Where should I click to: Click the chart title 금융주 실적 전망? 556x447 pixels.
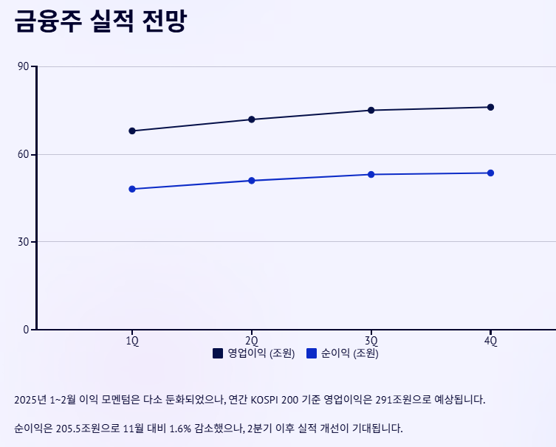pyautogui.click(x=100, y=21)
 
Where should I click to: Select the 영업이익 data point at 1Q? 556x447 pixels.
pyautogui.click(x=132, y=131)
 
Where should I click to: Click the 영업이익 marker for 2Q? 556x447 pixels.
pyautogui.click(x=252, y=119)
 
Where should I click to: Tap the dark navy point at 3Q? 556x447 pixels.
pyautogui.click(x=371, y=110)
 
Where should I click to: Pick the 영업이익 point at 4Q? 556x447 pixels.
pyautogui.click(x=490, y=107)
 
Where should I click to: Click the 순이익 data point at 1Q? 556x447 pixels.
pyautogui.click(x=132, y=189)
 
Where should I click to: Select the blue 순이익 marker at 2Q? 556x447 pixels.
pyautogui.click(x=252, y=180)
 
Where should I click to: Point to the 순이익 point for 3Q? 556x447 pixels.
pyautogui.click(x=371, y=174)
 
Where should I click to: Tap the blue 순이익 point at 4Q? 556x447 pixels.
pyautogui.click(x=490, y=173)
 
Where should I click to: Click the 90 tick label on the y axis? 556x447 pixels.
pyautogui.click(x=23, y=67)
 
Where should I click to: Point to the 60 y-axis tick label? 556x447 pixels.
pyautogui.click(x=23, y=154)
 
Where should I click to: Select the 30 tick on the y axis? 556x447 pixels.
pyautogui.click(x=23, y=242)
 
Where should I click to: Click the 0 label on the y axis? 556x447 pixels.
pyautogui.click(x=26, y=329)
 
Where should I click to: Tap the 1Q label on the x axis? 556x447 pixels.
pyautogui.click(x=132, y=340)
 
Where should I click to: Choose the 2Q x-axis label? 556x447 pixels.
pyautogui.click(x=252, y=340)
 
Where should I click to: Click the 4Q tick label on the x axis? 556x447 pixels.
pyautogui.click(x=490, y=340)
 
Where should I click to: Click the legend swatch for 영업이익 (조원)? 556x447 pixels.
pyautogui.click(x=218, y=354)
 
